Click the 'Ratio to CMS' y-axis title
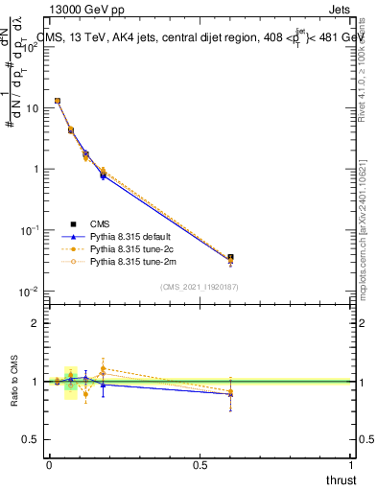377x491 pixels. [13, 382]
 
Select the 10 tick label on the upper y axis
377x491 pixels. [31, 107]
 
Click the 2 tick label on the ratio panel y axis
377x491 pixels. [36, 323]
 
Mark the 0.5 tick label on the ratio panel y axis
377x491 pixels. [31, 440]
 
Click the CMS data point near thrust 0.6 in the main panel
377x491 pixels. [230, 257]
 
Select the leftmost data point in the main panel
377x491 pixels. [58, 101]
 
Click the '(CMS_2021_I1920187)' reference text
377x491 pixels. [200, 286]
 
